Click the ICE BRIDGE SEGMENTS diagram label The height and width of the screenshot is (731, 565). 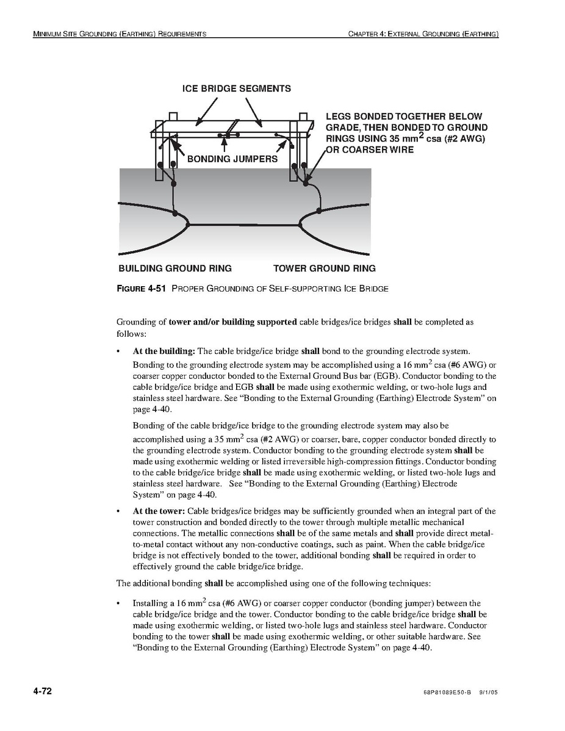237,88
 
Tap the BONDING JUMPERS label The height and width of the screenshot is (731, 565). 232,159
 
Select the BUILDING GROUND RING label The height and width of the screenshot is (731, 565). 175,268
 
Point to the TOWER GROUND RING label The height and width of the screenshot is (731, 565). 324,268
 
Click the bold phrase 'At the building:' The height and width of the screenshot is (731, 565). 164,351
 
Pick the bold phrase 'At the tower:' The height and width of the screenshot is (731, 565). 159,511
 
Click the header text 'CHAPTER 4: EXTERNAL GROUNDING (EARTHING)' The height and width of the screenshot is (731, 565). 423,34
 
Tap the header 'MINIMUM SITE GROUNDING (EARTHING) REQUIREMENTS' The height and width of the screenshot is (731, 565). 120,34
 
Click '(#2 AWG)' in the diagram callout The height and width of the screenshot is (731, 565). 463,139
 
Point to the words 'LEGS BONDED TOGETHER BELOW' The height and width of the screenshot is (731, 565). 404,117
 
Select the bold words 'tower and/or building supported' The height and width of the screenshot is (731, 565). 233,322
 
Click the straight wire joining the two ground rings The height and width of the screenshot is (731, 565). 244,225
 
